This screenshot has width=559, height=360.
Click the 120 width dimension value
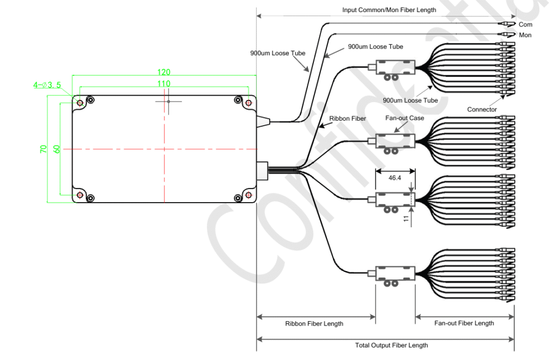pos(164,72)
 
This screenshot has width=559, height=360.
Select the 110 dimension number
pos(164,83)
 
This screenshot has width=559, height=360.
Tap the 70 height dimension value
pos(44,149)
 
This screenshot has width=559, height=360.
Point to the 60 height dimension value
pos(56,149)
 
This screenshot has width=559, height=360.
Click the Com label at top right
pos(525,25)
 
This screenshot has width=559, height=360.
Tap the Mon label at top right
pos(525,35)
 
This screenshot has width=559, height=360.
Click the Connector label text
pos(481,109)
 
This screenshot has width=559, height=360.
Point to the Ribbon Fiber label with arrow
pos(347,118)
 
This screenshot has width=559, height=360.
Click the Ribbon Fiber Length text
pos(315,323)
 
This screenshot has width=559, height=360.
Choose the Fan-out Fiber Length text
pos(464,323)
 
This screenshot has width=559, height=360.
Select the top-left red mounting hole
pos(80,102)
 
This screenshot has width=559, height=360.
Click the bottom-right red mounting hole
pos(249,195)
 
